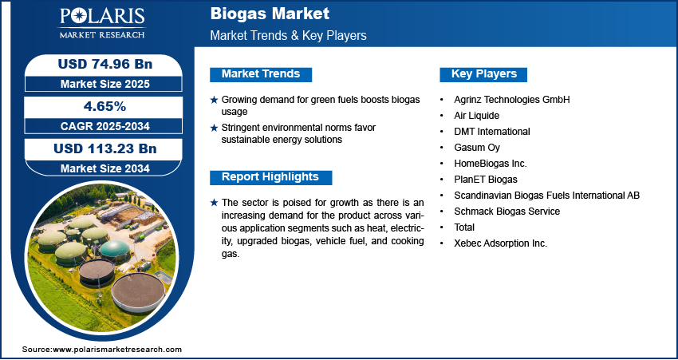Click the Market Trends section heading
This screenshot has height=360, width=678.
261,74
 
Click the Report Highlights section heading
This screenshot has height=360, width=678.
270,177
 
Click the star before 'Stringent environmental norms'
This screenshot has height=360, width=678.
214,128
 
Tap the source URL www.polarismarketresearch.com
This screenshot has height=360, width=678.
118,350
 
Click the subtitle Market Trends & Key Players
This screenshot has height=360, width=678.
289,36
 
